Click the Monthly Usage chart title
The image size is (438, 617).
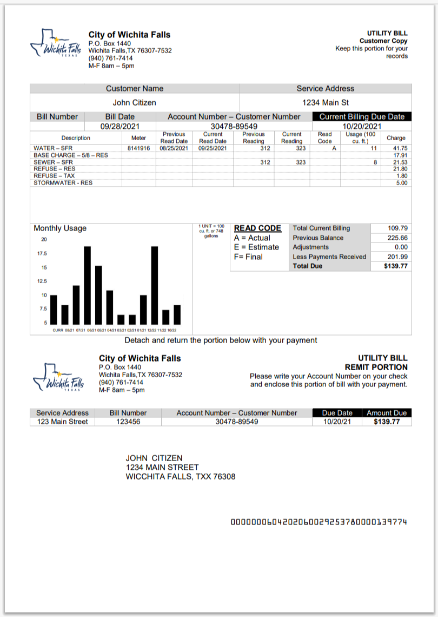[x=60, y=228]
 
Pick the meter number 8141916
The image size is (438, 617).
[x=138, y=148]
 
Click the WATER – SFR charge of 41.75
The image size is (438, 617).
[x=400, y=148]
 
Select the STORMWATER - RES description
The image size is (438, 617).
[x=63, y=183]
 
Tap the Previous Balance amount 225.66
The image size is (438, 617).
[x=397, y=238]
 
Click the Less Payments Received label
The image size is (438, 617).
[x=329, y=257]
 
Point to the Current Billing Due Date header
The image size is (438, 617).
[x=362, y=116]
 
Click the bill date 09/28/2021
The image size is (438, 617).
[x=120, y=127]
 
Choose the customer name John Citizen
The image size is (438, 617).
[x=135, y=102]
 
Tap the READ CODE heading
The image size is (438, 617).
[x=257, y=228]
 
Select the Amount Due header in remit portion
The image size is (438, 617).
[x=387, y=413]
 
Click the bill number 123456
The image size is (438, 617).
[x=128, y=422]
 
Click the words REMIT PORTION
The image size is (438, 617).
[x=376, y=367]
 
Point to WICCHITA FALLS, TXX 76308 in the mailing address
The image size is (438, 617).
[x=181, y=477]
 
